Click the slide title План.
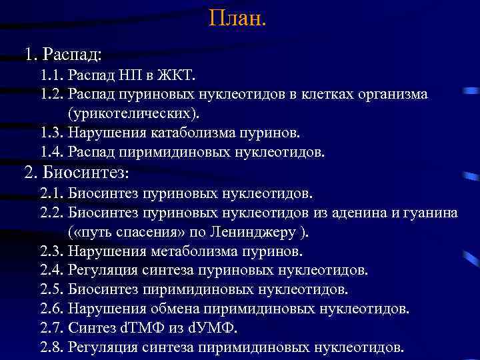[x=237, y=17]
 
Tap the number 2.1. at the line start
[x=52, y=193]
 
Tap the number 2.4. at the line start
[x=52, y=271]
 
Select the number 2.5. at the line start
[x=52, y=290]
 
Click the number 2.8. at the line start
[x=52, y=347]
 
